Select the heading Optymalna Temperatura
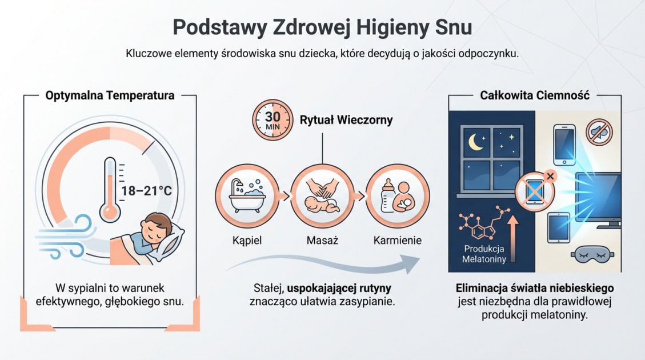(x=110, y=95)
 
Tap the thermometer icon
(x=110, y=189)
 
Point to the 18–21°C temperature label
(x=147, y=190)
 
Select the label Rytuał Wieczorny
(x=346, y=120)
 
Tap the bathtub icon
(x=247, y=196)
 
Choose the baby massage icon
(x=322, y=196)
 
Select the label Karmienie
(x=398, y=241)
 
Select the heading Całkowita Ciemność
(x=535, y=95)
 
